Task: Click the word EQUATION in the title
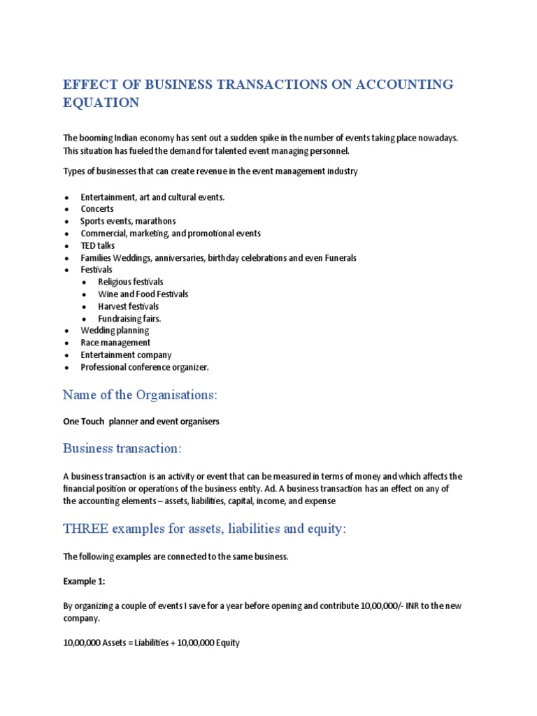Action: pos(101,103)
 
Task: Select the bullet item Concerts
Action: pos(97,209)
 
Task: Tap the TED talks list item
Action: pos(98,245)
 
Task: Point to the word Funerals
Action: pos(338,258)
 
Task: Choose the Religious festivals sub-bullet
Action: pos(131,282)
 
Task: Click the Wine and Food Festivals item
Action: pos(143,294)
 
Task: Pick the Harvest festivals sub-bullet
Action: pos(129,306)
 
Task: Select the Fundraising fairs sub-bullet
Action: pos(130,319)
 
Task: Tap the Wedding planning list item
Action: pos(115,331)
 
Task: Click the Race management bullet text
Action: pos(115,343)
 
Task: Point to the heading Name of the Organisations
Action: pos(141,395)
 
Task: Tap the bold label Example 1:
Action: pos(83,581)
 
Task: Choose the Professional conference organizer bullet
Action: pos(145,367)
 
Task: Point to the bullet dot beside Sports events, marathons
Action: pos(66,222)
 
